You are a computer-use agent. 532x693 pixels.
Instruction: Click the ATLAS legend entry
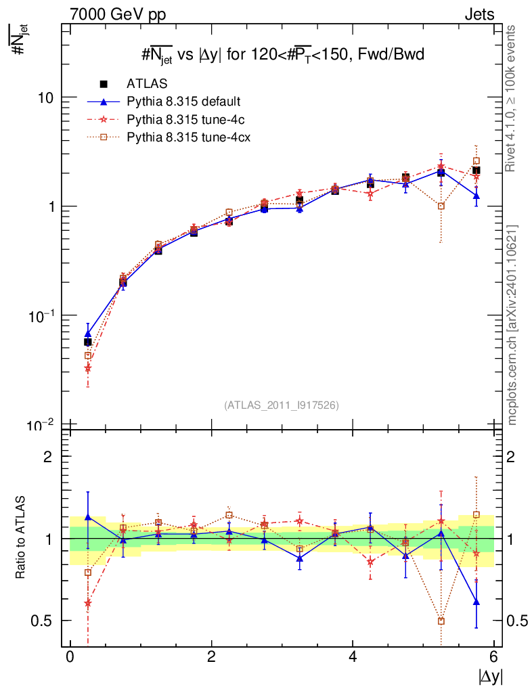click(x=147, y=84)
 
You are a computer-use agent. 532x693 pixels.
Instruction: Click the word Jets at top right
click(x=479, y=14)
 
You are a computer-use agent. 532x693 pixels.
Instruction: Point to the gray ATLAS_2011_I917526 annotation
click(x=282, y=405)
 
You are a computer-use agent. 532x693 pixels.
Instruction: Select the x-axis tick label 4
click(x=353, y=656)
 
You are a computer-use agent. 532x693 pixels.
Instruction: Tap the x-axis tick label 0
click(x=70, y=656)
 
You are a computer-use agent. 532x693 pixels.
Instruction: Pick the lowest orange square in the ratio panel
click(x=441, y=621)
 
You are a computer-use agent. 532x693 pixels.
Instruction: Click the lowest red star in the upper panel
click(x=87, y=369)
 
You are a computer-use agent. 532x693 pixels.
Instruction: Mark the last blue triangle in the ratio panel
click(x=476, y=602)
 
